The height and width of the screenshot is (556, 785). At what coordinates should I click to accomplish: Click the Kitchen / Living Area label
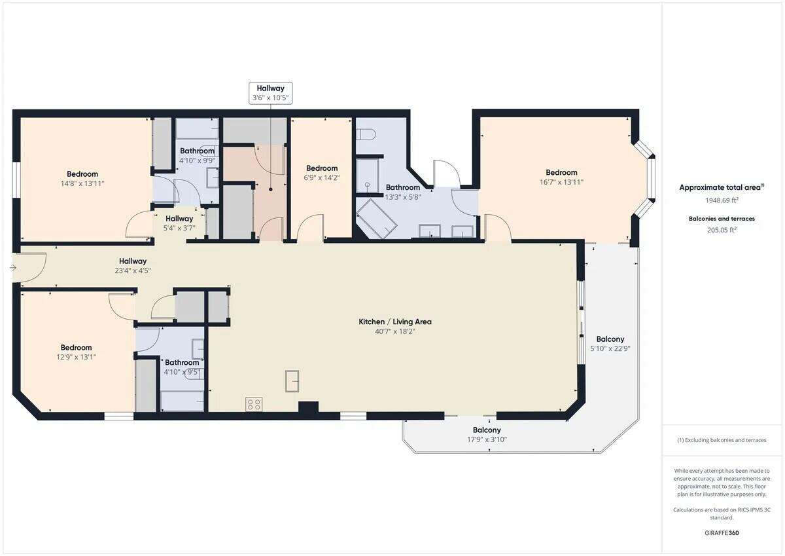coord(395,322)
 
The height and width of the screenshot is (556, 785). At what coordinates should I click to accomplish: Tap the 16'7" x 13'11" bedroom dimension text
coord(561,182)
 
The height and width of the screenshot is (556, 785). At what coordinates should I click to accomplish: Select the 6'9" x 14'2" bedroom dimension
coord(322,178)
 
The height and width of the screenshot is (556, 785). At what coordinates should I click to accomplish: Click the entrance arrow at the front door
coord(13,268)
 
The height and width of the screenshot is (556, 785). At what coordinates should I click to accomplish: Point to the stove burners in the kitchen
coord(254,404)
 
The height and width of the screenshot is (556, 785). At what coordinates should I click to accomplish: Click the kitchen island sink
coord(292,381)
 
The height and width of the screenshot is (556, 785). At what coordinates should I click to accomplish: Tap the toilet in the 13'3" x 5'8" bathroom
coord(366,135)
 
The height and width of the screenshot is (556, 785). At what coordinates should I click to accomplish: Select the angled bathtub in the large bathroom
coord(376,219)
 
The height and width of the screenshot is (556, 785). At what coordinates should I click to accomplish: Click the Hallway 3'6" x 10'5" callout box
coord(271,93)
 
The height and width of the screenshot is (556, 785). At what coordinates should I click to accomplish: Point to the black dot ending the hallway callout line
coord(271,189)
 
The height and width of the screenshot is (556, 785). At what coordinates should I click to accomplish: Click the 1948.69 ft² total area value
coord(722,200)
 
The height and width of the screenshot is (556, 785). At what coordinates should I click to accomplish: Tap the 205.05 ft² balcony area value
coord(722,230)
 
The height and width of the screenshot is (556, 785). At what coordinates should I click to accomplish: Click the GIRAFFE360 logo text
coord(722,533)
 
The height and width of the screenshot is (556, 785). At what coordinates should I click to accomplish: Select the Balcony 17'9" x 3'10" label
coord(487,435)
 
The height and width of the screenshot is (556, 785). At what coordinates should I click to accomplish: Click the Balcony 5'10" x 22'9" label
coord(610,344)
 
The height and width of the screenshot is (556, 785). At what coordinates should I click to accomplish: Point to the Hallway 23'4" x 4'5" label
coord(133,265)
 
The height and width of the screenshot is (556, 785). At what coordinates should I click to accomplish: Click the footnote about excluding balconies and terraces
coord(722,440)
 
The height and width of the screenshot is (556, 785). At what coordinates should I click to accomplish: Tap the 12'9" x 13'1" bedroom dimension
coord(76,357)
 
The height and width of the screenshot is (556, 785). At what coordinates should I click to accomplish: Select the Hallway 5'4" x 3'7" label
coord(179,223)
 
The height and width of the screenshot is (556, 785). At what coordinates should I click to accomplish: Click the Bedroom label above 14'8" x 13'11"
coord(82,174)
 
